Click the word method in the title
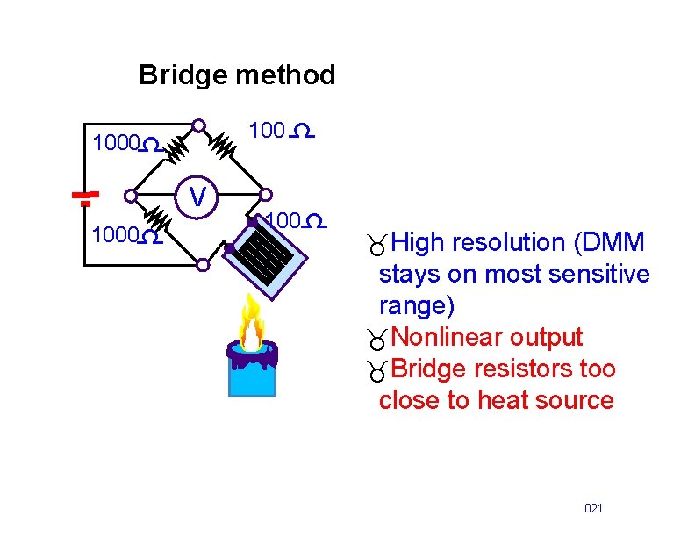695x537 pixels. (x=286, y=75)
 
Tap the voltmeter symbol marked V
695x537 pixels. (x=200, y=197)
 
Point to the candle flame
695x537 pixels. (x=253, y=322)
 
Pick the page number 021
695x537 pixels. (x=594, y=509)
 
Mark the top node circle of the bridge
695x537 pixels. (x=199, y=125)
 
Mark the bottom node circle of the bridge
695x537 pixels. (x=202, y=263)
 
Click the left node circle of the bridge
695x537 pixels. (x=132, y=196)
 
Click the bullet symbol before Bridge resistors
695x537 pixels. (x=377, y=372)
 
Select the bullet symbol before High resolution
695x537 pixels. (x=377, y=245)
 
